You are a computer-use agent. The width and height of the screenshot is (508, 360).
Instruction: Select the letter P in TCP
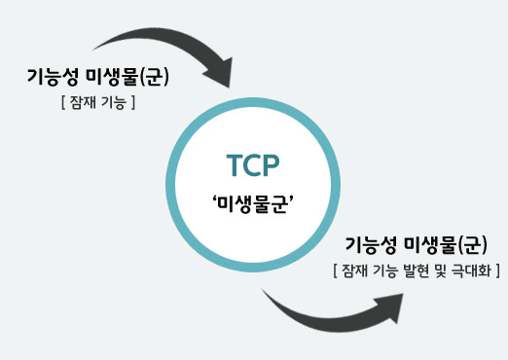point(271,165)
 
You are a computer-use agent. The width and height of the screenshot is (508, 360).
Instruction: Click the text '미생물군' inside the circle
point(253,204)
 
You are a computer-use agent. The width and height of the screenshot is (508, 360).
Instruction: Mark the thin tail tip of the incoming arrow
point(93,50)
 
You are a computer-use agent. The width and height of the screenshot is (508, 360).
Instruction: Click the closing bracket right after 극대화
point(497,270)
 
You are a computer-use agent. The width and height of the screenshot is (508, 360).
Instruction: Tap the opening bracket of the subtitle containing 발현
point(335,270)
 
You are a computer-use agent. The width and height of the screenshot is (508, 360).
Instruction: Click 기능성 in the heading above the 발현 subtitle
point(371,245)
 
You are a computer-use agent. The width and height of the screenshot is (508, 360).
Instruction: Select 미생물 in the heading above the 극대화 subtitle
point(431,245)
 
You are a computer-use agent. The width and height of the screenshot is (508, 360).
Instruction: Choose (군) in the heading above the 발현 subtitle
point(472,245)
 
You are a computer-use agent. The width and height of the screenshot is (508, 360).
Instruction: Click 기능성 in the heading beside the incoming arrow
point(53,77)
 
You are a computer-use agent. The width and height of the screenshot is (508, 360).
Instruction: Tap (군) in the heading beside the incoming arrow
point(154,77)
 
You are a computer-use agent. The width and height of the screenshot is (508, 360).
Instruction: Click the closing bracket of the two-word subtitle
point(133,103)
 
